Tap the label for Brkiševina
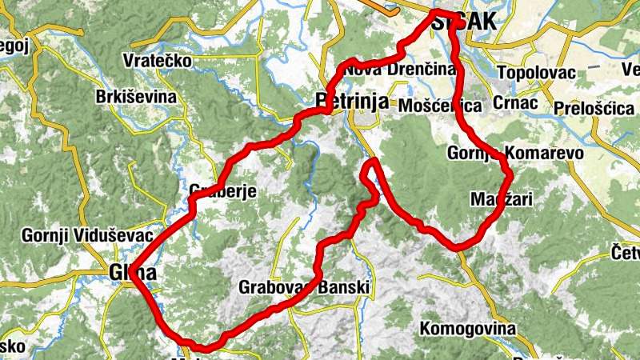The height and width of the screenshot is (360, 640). pyautogui.click(x=135, y=97)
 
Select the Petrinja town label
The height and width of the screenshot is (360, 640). pyautogui.click(x=352, y=102)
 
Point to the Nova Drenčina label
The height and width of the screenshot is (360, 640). pyautogui.click(x=399, y=70)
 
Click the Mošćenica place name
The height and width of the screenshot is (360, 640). pyautogui.click(x=440, y=106)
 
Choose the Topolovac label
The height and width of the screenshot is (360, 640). pyautogui.click(x=537, y=73)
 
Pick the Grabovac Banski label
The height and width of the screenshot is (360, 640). pyautogui.click(x=304, y=286)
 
